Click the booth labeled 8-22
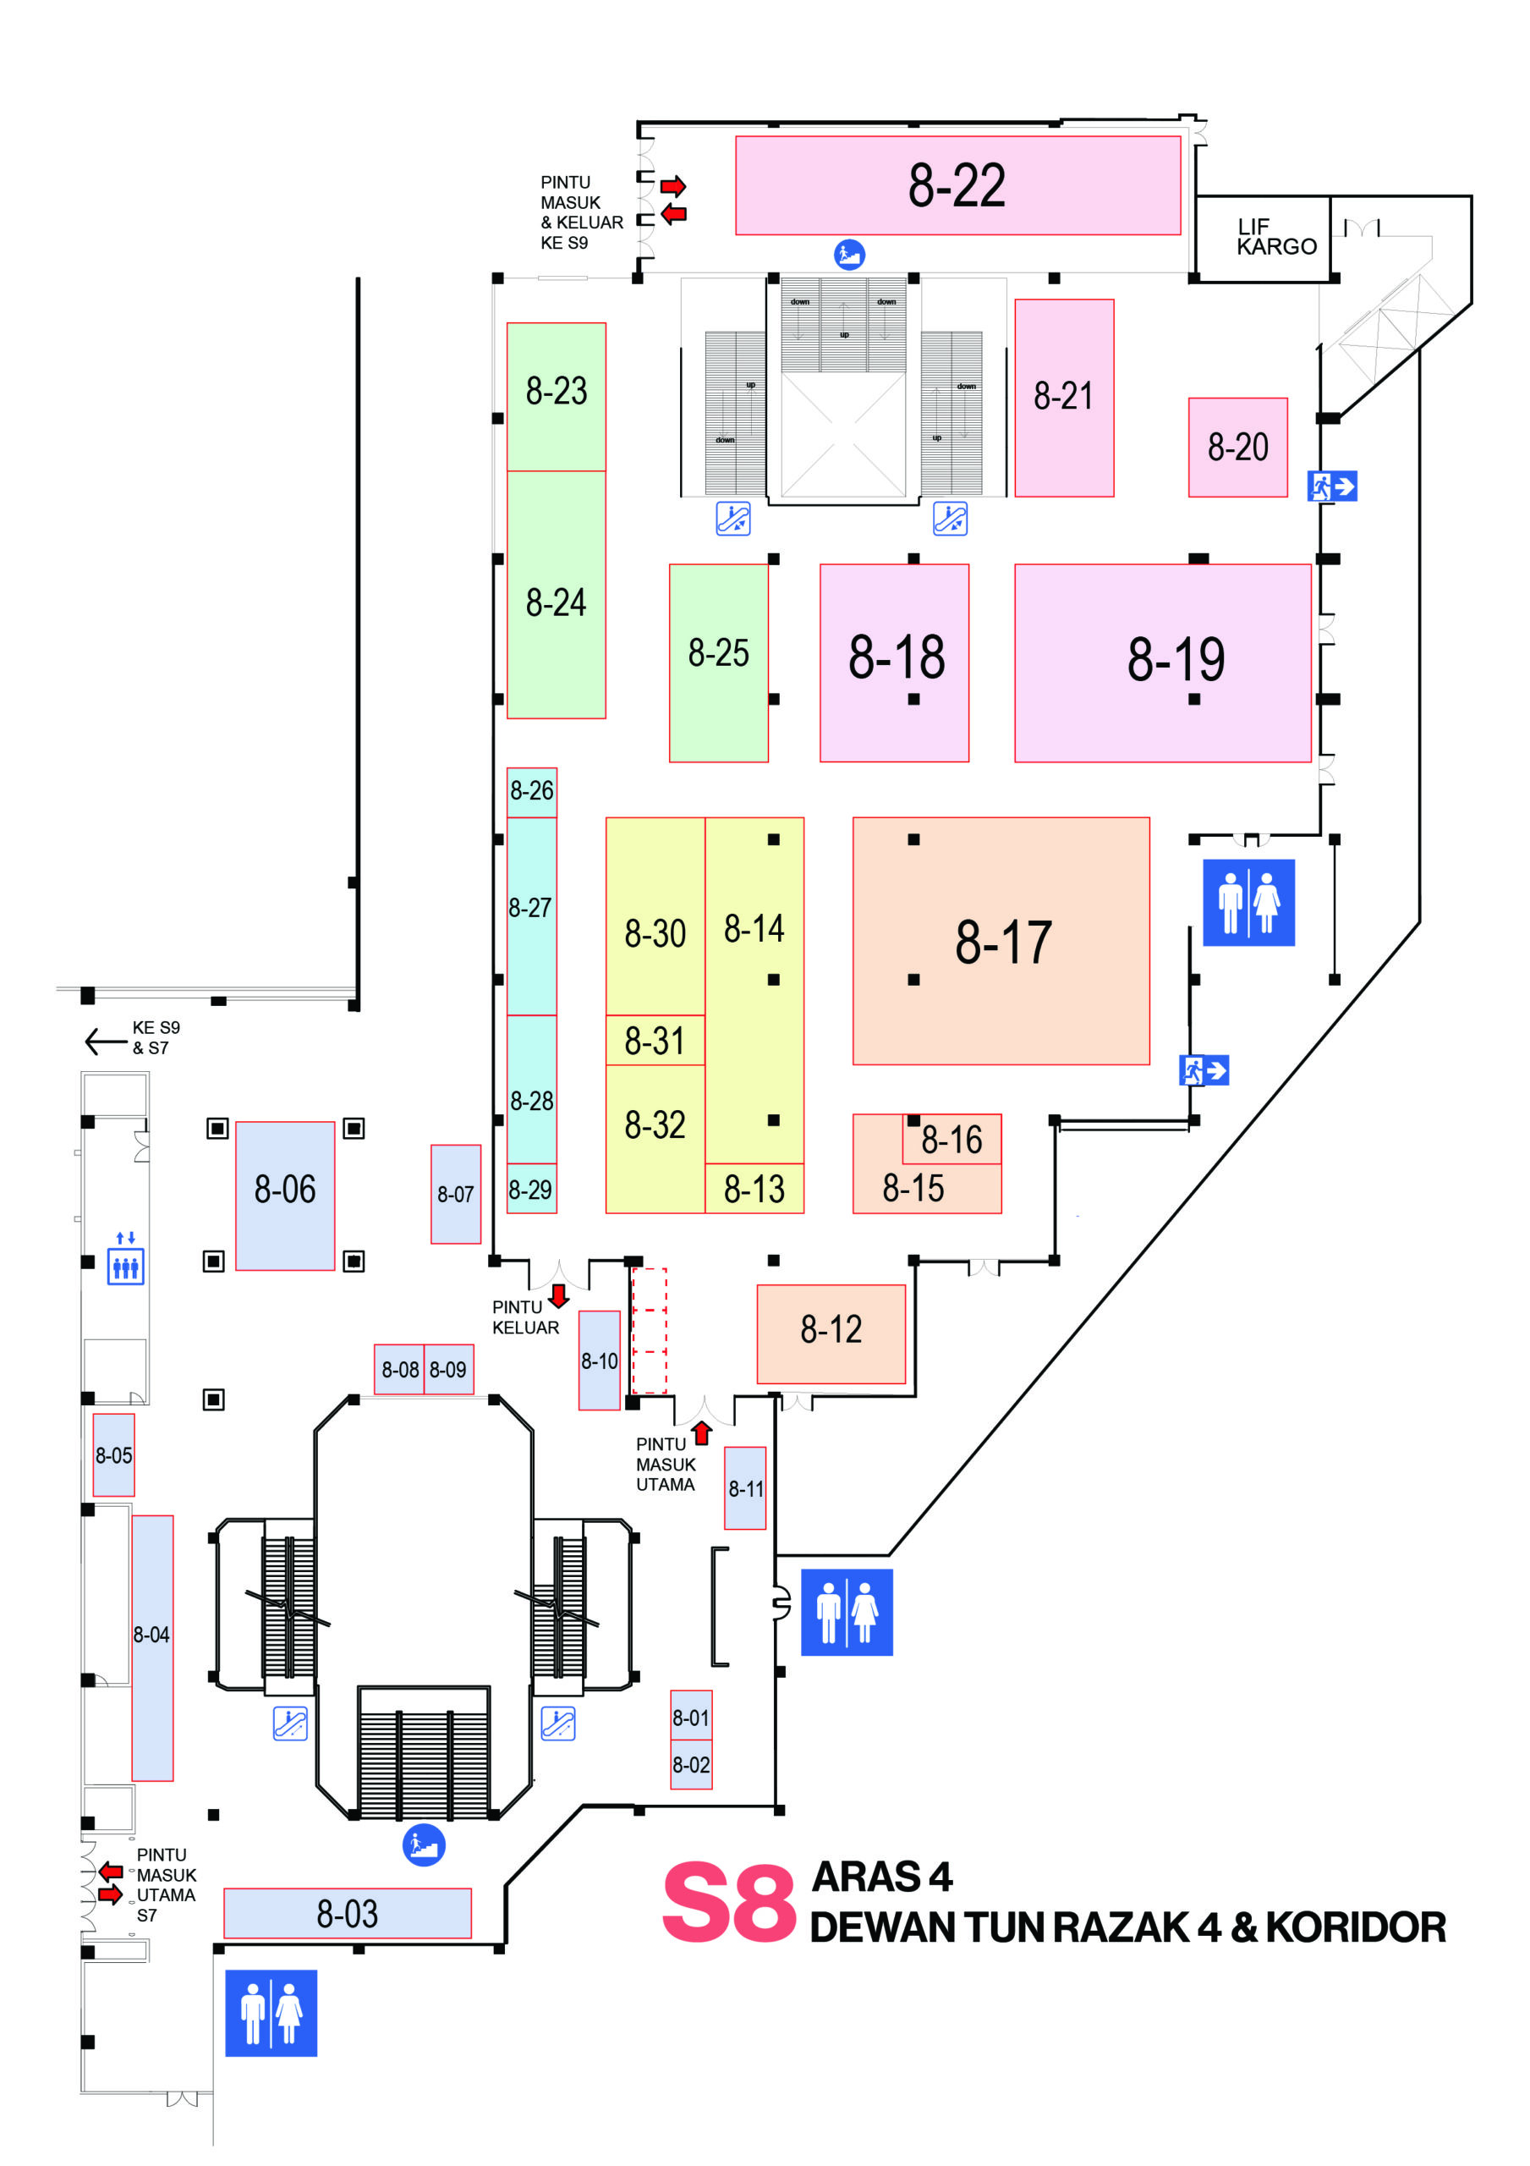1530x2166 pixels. coord(957,185)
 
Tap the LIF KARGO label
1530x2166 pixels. coord(1275,237)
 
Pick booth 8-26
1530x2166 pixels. coord(531,790)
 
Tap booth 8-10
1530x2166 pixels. coord(599,1361)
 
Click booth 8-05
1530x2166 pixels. coord(113,1454)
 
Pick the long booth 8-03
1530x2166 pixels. coord(347,1913)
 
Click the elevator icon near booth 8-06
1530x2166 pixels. coord(125,1263)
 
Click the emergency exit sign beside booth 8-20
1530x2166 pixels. coord(1331,486)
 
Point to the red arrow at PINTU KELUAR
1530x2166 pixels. coord(558,1295)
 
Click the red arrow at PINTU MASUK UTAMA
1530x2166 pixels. coord(701,1434)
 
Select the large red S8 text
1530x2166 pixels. coord(728,1904)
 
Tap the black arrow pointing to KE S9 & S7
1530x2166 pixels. coord(105,1042)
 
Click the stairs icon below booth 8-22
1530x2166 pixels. coord(849,254)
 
